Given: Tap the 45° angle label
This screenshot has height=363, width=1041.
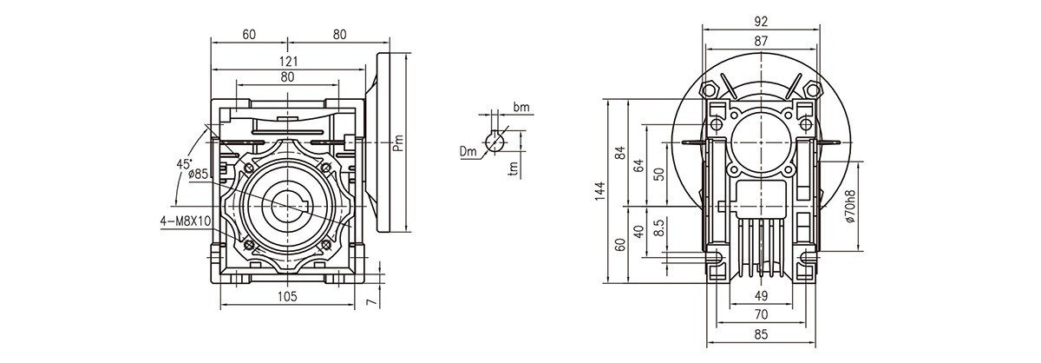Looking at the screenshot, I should pyautogui.click(x=185, y=163).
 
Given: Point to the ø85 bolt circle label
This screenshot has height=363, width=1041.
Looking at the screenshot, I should pyautogui.click(x=199, y=174).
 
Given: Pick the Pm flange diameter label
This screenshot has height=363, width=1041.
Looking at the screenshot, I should pyautogui.click(x=397, y=142).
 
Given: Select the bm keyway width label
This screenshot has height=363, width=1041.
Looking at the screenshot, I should pyautogui.click(x=520, y=108).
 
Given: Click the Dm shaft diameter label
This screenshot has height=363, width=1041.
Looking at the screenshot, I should pyautogui.click(x=469, y=152).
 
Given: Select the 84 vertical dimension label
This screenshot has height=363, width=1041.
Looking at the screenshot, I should pyautogui.click(x=619, y=153).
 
